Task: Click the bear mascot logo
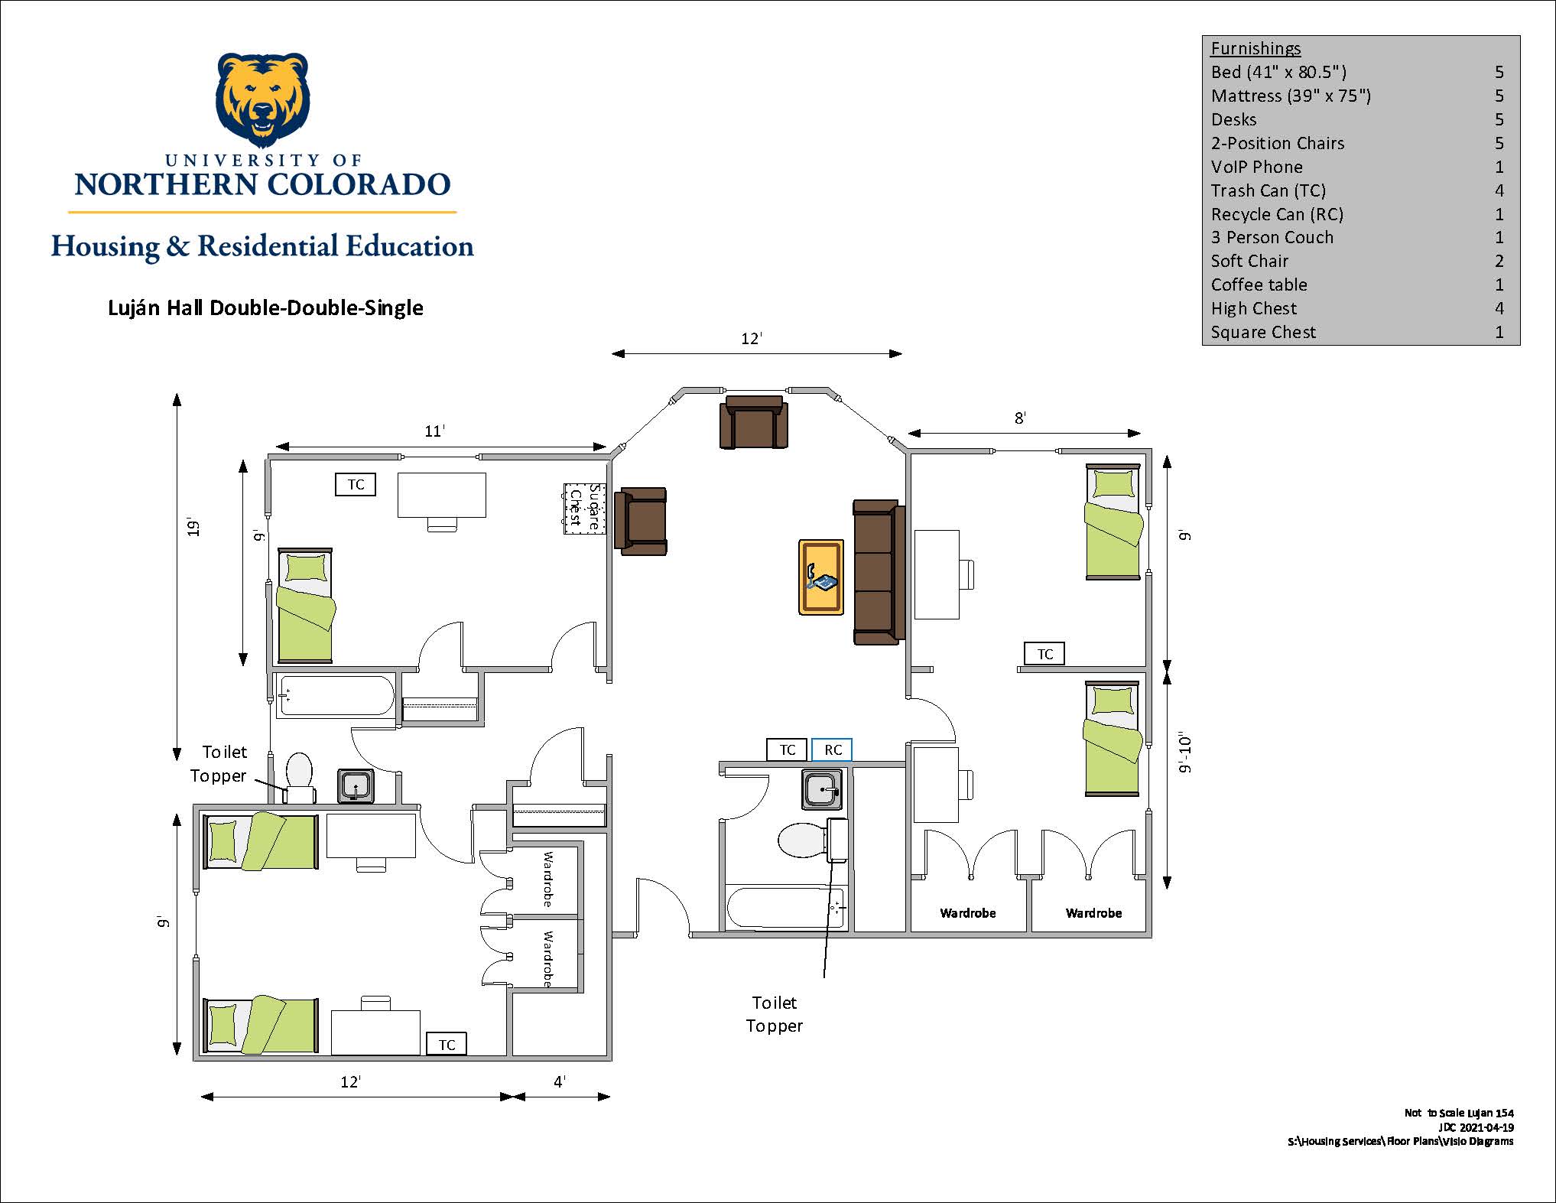(x=263, y=99)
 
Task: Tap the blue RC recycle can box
(x=832, y=749)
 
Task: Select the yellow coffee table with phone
(x=821, y=577)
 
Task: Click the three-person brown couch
(x=879, y=572)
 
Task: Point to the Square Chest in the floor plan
(x=585, y=509)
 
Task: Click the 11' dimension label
(x=434, y=431)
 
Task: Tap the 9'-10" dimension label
(x=1185, y=754)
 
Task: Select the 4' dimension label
(x=560, y=1081)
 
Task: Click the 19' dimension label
(x=194, y=528)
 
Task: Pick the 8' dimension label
(x=1020, y=418)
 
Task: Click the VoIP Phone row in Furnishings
(x=1357, y=167)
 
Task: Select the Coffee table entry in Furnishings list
(x=1357, y=284)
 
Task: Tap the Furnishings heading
(x=1256, y=48)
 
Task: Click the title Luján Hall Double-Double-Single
(x=265, y=307)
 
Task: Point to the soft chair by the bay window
(x=753, y=421)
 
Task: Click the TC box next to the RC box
(x=788, y=749)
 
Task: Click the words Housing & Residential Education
(x=262, y=246)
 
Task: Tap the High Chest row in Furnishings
(x=1357, y=308)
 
